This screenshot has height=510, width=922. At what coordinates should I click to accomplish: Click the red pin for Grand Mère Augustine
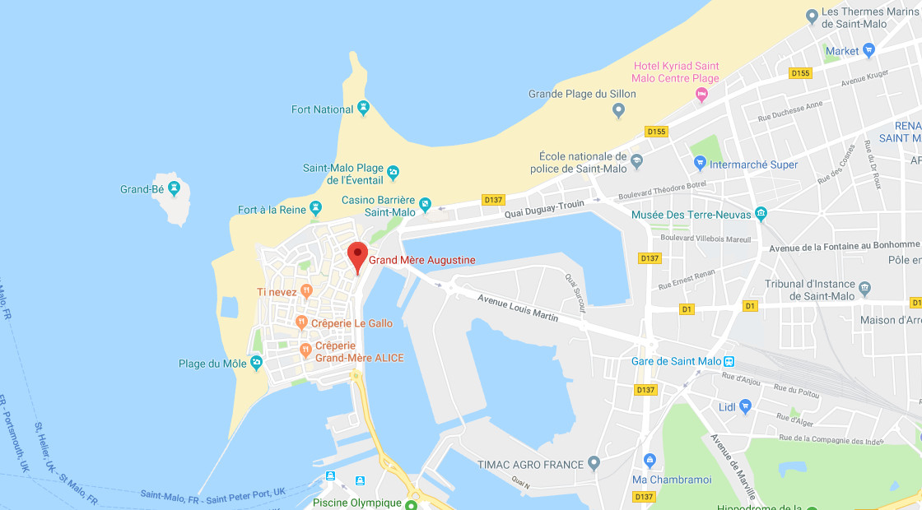tap(356, 256)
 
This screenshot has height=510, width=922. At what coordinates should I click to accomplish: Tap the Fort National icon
tap(364, 109)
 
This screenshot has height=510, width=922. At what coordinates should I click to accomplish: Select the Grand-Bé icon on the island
tap(175, 189)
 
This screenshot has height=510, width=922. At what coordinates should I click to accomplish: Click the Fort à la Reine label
tap(272, 210)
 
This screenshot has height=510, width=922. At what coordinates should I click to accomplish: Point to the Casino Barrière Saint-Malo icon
tap(425, 203)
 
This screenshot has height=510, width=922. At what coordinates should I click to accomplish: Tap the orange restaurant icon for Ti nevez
tap(306, 290)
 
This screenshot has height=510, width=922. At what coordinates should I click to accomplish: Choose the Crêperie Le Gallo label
tap(352, 323)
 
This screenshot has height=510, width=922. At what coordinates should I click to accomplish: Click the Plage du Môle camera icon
tap(256, 363)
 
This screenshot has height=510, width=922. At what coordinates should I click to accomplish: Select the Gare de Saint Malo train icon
tap(729, 361)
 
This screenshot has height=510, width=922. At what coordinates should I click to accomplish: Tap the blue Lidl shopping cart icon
tap(746, 406)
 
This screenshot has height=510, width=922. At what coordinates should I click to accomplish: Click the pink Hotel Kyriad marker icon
tap(702, 95)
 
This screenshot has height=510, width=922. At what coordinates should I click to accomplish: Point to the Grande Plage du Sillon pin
tap(619, 109)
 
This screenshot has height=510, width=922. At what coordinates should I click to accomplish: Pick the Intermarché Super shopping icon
tap(699, 164)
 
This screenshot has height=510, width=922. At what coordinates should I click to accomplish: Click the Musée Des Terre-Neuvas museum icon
tap(761, 215)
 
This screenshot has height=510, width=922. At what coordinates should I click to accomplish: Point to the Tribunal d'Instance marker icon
tap(864, 289)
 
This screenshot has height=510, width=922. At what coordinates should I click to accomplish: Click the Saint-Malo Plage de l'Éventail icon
tap(393, 173)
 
